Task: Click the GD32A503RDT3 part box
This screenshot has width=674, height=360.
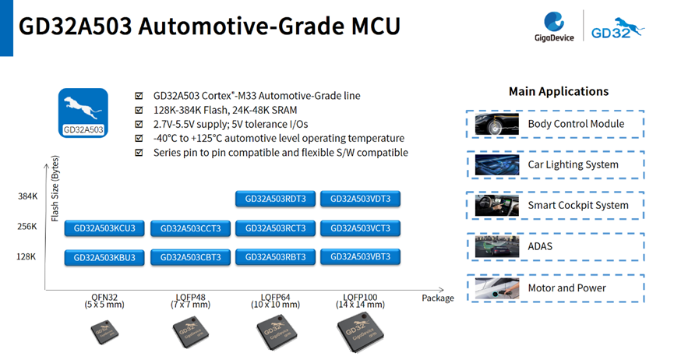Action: coord(276,199)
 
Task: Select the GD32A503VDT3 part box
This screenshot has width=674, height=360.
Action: coord(361,199)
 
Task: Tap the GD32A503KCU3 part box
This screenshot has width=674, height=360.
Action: coord(105,228)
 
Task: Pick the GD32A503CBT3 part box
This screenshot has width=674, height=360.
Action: coord(191,257)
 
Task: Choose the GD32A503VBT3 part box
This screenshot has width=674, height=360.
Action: coord(361,256)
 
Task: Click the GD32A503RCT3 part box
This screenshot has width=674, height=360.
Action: coord(276,228)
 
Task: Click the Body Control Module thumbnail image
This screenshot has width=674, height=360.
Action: coord(497,124)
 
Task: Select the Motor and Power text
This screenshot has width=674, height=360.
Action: coord(566,288)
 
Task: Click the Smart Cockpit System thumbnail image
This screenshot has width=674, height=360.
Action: coord(497,206)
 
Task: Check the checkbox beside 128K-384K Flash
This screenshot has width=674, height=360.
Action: coord(139,110)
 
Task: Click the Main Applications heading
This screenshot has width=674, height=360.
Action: coord(558,91)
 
